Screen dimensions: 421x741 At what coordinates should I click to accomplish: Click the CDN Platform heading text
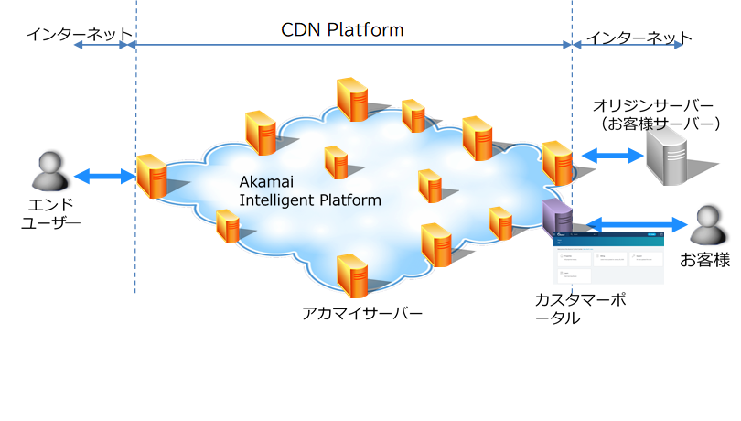click(341, 29)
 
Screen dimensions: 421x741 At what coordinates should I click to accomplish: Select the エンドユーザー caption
click(49, 213)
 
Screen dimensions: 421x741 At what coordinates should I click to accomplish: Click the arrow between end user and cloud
click(104, 176)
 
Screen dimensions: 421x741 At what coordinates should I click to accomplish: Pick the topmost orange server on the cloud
click(352, 98)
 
